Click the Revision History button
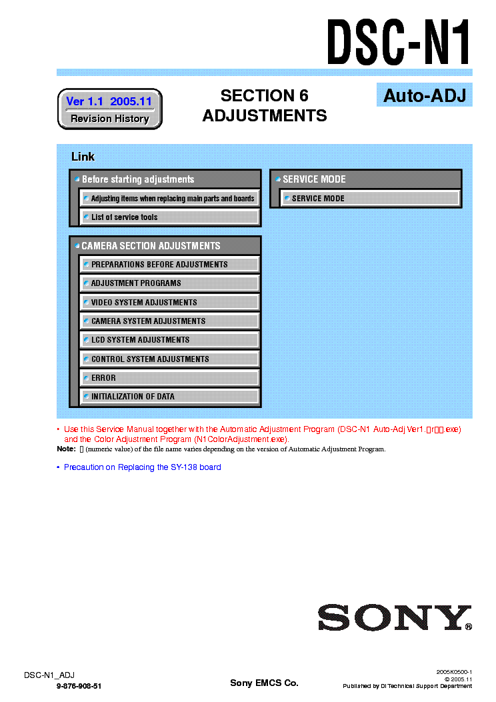110,119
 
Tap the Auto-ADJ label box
424,95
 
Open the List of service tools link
169,217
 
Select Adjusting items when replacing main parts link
169,199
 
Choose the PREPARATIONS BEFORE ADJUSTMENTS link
169,265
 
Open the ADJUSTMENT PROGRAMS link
169,283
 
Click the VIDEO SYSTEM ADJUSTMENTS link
169,302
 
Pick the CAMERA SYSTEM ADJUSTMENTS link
169,321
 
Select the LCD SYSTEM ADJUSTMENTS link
169,340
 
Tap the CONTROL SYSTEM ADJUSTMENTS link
169,359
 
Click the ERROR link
169,378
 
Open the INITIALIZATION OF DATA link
169,397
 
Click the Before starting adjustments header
165,179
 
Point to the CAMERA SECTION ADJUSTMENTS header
165,246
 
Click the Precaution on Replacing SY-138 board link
142,467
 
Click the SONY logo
394,618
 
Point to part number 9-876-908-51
79,686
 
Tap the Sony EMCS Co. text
264,683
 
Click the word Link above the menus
83,157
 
